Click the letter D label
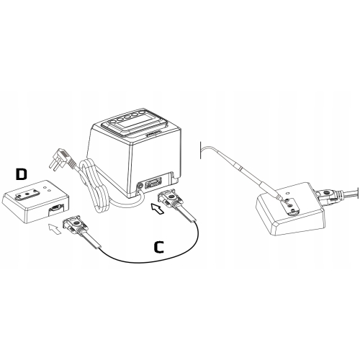coord(21,174)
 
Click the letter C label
coord(158,247)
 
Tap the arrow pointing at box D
coord(54,229)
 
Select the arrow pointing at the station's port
coord(158,208)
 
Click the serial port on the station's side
coord(153,184)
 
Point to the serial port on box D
coord(56,208)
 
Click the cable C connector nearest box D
coord(75,225)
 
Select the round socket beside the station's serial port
coord(140,186)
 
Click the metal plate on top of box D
coord(27,194)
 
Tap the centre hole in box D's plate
coord(27,193)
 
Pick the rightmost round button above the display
coord(143,112)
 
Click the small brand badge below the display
coord(153,133)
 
